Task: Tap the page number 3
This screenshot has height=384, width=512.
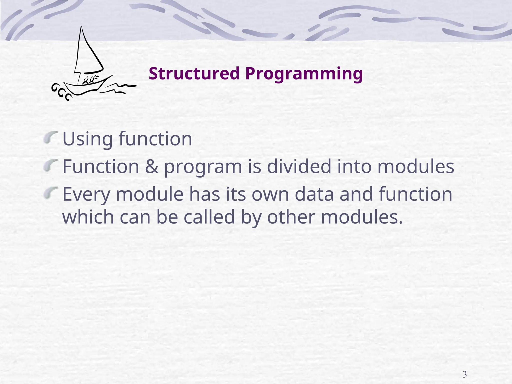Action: pyautogui.click(x=464, y=374)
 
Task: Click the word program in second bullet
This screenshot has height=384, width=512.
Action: pyautogui.click(x=203, y=167)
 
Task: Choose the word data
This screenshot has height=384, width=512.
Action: pyautogui.click(x=314, y=194)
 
